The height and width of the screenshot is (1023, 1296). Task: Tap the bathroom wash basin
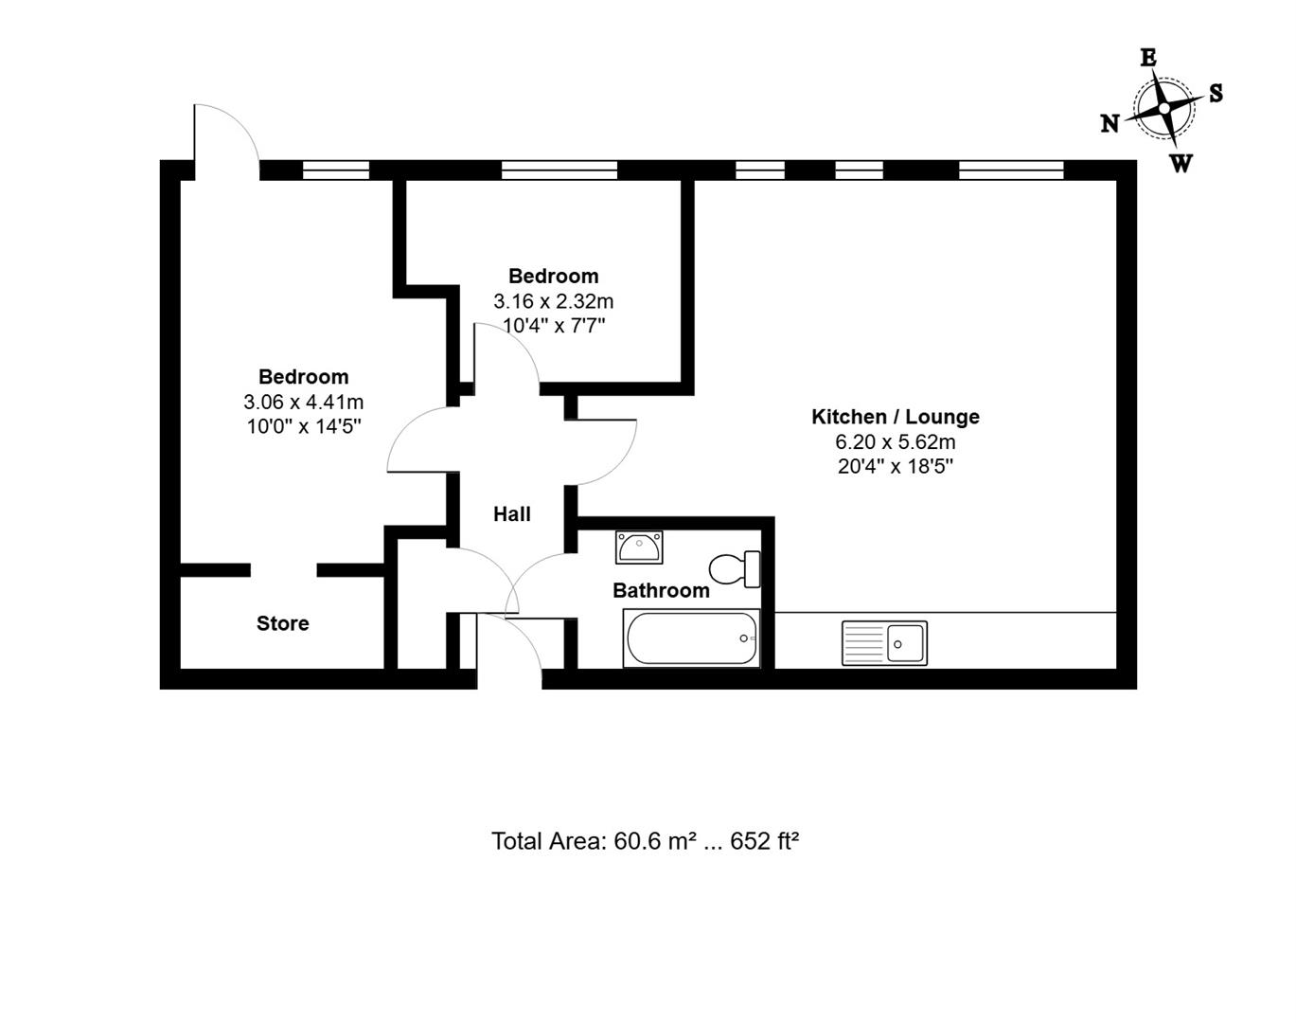(x=639, y=547)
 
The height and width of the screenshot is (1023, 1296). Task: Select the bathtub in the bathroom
(x=691, y=638)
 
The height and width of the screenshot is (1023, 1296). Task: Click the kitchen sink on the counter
(x=884, y=643)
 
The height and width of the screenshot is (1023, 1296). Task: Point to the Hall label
(x=512, y=514)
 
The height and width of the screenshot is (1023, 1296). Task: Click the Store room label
(x=282, y=623)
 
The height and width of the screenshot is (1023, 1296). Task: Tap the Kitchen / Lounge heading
(x=895, y=417)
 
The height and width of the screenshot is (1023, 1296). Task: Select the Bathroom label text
(x=661, y=591)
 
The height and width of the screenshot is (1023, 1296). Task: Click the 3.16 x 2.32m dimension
(x=554, y=301)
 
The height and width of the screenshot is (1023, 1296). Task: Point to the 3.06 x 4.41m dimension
(x=304, y=402)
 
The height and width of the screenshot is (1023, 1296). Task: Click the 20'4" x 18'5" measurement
(x=896, y=467)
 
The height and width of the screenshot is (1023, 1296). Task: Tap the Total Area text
(x=645, y=841)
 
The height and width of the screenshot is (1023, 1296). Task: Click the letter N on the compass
(x=1110, y=123)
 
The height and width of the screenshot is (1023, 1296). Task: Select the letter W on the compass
(x=1181, y=163)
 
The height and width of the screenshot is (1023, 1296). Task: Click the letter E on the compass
(x=1148, y=58)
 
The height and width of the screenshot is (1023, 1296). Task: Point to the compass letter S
(x=1216, y=93)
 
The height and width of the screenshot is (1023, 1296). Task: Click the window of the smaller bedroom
(x=559, y=170)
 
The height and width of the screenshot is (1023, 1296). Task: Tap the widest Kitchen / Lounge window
(x=1012, y=170)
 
